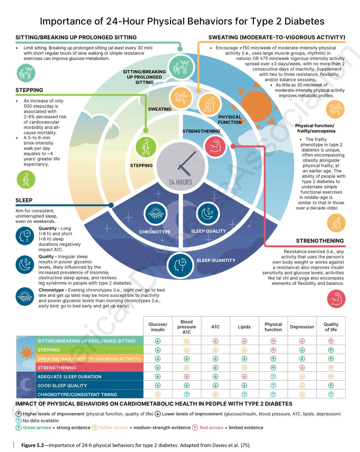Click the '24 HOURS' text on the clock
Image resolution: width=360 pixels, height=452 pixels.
pyautogui.click(x=180, y=182)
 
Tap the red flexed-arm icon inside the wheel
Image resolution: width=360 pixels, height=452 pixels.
pyautogui.click(x=215, y=146)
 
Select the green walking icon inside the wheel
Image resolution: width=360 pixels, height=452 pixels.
pyautogui.click(x=146, y=147)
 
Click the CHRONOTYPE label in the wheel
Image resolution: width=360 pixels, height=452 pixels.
pyautogui.click(x=155, y=232)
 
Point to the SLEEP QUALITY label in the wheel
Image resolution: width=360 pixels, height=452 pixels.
pyautogui.click(x=208, y=231)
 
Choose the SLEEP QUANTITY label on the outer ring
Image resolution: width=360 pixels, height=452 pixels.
pyautogui.click(x=216, y=260)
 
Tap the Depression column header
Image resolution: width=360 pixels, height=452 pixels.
pyautogui.click(x=302, y=327)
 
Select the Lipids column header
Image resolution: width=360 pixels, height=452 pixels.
pyautogui.click(x=244, y=327)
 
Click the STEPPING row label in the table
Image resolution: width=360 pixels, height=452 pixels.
pyautogui.click(x=49, y=350)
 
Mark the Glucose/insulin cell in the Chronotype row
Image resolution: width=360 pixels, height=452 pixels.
pyautogui.click(x=158, y=395)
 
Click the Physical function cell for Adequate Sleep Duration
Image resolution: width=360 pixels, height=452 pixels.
pyautogui.click(x=273, y=377)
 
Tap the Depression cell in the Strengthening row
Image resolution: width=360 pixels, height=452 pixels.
pyautogui.click(x=302, y=367)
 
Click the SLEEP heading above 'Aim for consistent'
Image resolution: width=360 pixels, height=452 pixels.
pyautogui.click(x=24, y=200)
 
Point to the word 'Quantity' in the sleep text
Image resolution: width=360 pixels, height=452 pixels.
pyautogui.click(x=47, y=229)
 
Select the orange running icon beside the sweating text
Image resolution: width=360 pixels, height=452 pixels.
pyautogui.click(x=335, y=109)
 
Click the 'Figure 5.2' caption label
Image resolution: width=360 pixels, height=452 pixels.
pyautogui.click(x=33, y=445)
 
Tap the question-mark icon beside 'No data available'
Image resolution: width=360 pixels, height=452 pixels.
pyautogui.click(x=18, y=420)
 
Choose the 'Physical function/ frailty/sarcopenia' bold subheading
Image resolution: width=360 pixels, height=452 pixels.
pyautogui.click(x=315, y=128)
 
